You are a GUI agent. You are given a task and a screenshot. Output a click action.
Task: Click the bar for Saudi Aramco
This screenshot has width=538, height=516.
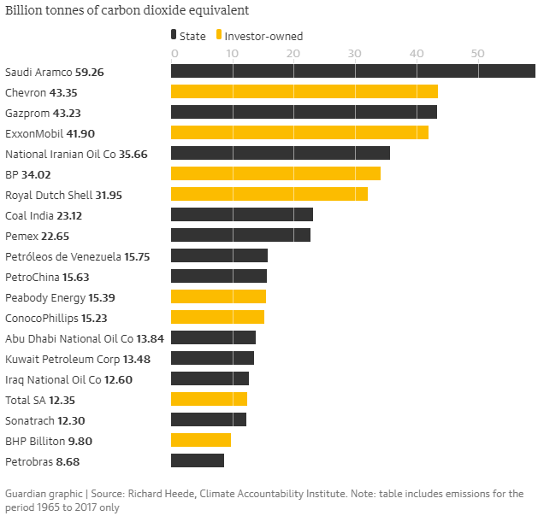(352, 71)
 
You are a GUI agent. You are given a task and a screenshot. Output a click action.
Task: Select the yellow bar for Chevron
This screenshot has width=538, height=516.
(304, 91)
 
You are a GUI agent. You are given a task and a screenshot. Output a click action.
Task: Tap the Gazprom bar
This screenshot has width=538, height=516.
(304, 112)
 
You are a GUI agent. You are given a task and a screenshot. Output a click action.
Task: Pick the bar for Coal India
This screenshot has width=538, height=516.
(242, 214)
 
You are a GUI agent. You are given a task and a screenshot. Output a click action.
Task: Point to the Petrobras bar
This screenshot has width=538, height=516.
(198, 460)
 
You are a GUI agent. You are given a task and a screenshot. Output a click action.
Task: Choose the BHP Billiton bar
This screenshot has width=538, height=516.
(201, 440)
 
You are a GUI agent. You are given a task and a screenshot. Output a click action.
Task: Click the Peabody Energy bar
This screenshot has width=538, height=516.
(218, 296)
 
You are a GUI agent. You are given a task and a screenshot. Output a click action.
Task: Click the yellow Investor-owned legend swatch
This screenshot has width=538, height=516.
(220, 36)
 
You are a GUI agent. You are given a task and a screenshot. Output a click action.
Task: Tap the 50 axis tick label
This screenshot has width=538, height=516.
(477, 54)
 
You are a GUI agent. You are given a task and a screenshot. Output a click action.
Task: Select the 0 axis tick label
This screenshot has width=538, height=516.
(174, 54)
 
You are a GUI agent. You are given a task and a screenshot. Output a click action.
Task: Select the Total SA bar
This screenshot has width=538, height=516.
(209, 399)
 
